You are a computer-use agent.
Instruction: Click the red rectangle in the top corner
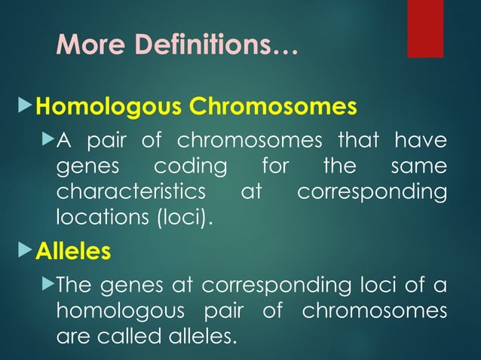pyautogui.click(x=425, y=28)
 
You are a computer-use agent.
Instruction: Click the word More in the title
pyautogui.click(x=83, y=47)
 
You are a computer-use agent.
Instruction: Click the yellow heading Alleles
pyautogui.click(x=73, y=251)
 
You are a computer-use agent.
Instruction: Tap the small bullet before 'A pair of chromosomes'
pyautogui.click(x=49, y=140)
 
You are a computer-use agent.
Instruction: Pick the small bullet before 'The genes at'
pyautogui.click(x=49, y=285)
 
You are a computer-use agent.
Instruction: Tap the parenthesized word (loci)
pyautogui.click(x=181, y=218)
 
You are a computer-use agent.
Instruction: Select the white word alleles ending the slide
pyautogui.click(x=203, y=336)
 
